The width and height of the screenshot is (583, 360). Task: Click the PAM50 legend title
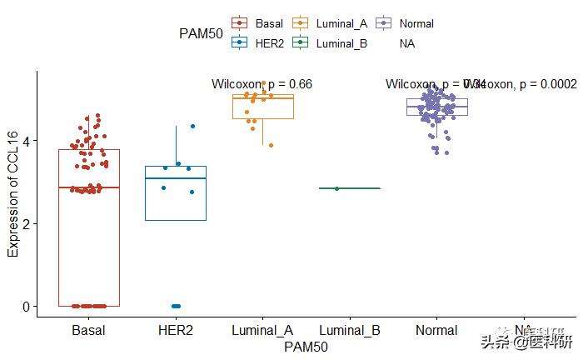(x=200, y=33)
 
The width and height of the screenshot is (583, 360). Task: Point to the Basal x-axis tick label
(x=88, y=331)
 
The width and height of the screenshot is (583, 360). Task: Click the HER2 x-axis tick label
(x=175, y=331)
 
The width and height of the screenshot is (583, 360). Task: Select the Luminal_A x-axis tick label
(x=262, y=331)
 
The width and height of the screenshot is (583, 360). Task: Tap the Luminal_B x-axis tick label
(x=350, y=331)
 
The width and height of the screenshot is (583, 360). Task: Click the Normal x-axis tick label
(x=436, y=331)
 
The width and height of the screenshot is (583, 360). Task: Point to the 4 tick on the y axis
(x=27, y=142)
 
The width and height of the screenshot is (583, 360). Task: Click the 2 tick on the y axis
(x=27, y=224)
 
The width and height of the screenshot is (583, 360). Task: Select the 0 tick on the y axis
(x=27, y=307)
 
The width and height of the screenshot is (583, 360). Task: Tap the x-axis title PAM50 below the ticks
(x=306, y=346)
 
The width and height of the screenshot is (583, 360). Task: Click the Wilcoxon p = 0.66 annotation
(x=262, y=84)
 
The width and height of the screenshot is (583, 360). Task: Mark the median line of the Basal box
(x=88, y=187)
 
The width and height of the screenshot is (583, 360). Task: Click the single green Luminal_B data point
(x=336, y=188)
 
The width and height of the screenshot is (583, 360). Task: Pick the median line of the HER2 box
(x=175, y=178)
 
